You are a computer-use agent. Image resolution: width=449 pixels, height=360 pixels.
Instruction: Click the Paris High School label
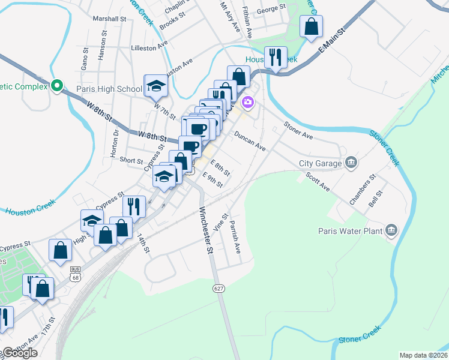pyautogui.click(x=109, y=89)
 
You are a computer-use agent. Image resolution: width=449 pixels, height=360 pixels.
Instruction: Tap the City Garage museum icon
pyautogui.click(x=352, y=163)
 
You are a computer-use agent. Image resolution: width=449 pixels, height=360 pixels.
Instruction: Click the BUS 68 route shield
pyautogui.click(x=75, y=273)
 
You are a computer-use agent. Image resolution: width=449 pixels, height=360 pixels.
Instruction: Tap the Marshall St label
pyautogui.click(x=112, y=19)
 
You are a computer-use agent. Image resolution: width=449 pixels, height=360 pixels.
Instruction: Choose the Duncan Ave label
pyautogui.click(x=250, y=141)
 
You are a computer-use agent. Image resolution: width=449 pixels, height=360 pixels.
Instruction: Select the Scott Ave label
pyautogui.click(x=318, y=182)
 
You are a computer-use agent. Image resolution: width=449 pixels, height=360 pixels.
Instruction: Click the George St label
pyautogui.click(x=271, y=9)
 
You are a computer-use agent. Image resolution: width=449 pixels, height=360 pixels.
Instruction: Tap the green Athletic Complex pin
pyautogui.click(x=58, y=86)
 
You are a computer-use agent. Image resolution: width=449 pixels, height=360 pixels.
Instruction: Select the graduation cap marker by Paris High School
pyautogui.click(x=156, y=86)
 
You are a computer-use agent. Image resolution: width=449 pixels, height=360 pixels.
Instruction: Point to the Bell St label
pyautogui.click(x=376, y=199)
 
